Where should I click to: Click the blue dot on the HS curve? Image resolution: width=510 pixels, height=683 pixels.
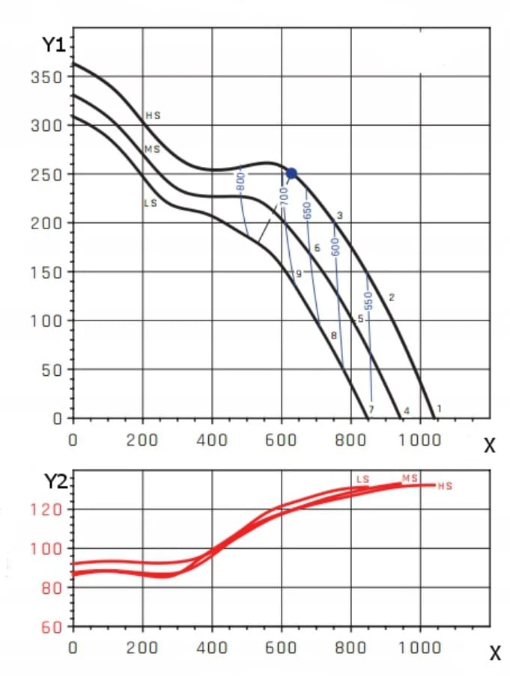[291, 173]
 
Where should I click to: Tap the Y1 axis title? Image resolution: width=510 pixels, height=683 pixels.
[53, 44]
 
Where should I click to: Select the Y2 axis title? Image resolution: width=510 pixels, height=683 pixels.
[55, 482]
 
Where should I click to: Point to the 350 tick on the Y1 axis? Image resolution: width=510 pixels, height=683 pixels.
[47, 77]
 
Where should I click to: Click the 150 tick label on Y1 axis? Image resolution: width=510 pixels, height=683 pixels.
[47, 273]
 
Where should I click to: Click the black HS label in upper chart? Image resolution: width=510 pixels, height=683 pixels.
[153, 115]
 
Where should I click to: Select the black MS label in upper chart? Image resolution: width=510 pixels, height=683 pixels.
[152, 149]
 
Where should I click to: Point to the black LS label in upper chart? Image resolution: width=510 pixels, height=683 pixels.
[151, 203]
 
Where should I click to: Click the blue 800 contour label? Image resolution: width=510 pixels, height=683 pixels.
[240, 181]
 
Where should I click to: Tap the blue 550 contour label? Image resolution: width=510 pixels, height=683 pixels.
[368, 300]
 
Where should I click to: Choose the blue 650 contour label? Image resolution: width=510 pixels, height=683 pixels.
[307, 210]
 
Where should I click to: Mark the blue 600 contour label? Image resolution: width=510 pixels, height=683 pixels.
[335, 247]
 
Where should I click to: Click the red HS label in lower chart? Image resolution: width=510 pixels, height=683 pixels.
[445, 486]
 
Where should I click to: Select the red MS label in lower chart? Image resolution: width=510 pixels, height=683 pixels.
[410, 478]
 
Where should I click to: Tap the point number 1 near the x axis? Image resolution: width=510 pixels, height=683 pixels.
[439, 409]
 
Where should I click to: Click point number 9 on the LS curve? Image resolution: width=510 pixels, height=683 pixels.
[298, 274]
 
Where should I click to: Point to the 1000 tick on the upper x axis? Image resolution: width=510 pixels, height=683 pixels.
[420, 440]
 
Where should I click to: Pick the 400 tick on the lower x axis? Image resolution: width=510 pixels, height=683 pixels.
[212, 647]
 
